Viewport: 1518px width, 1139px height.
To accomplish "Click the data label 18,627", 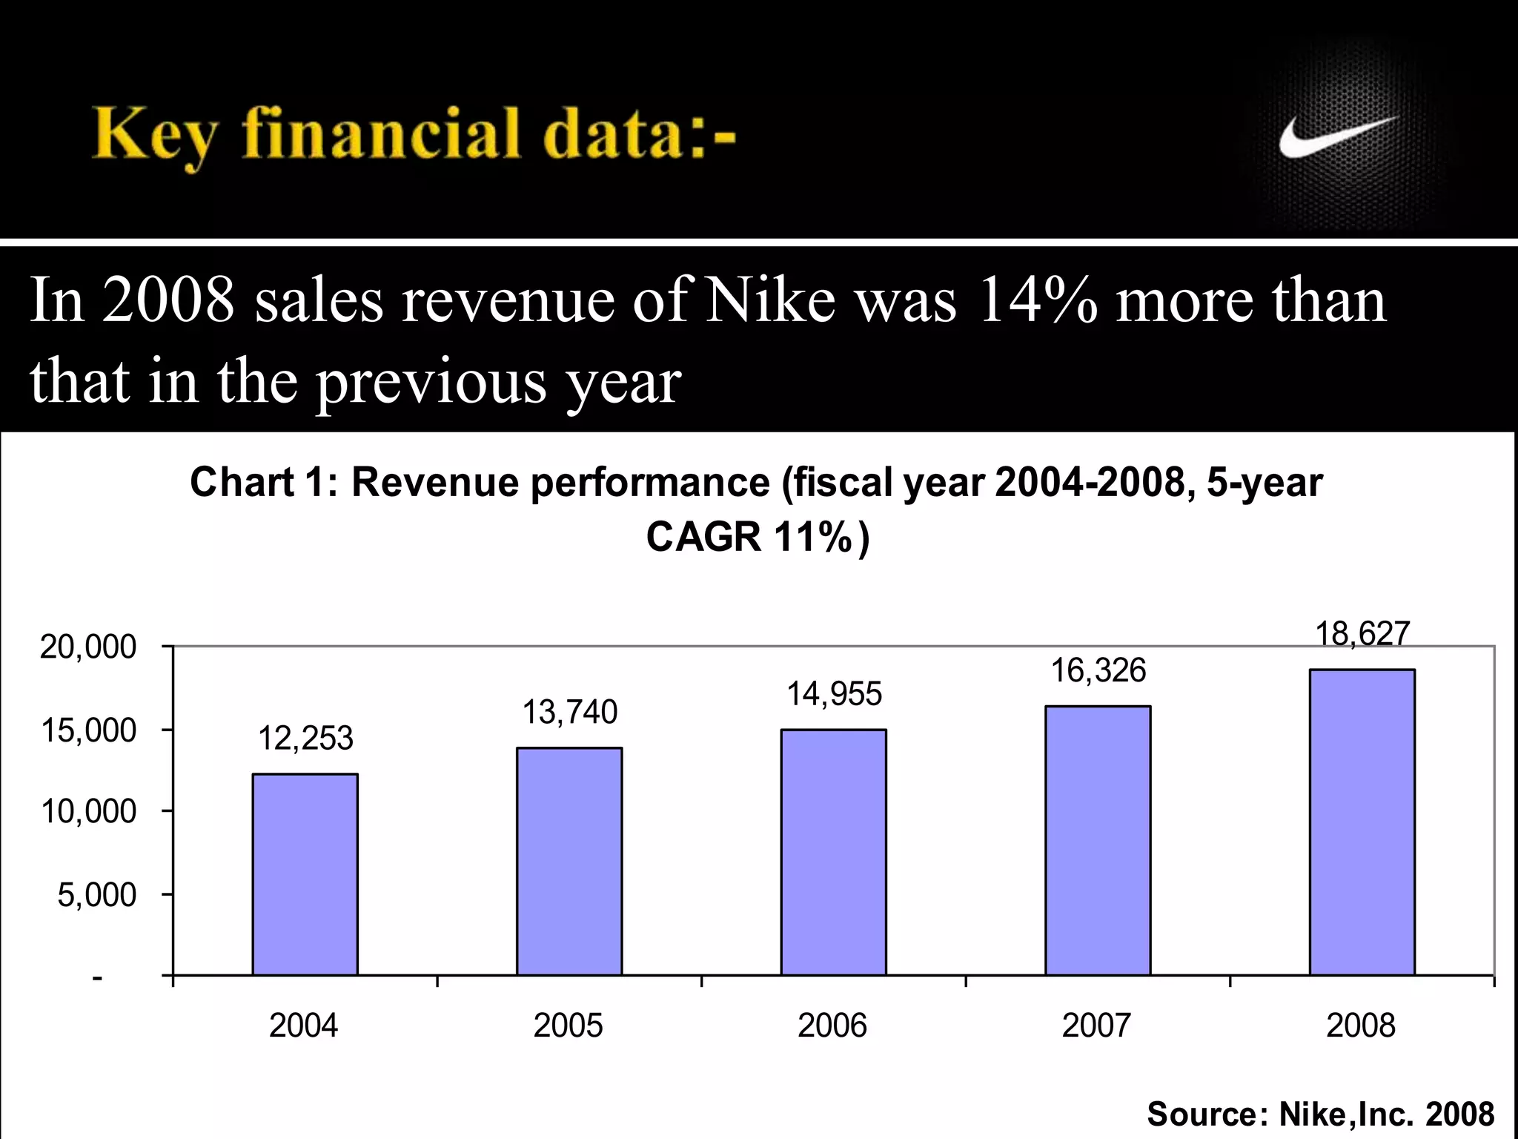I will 1362,634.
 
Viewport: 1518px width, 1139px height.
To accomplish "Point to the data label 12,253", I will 305,739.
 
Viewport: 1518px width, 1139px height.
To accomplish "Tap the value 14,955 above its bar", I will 834,695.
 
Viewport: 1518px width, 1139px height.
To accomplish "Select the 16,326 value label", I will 1098,670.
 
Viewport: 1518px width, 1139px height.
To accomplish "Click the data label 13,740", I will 569,713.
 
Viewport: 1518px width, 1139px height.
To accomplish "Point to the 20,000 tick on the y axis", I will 88,647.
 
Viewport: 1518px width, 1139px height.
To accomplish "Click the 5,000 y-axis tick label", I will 97,895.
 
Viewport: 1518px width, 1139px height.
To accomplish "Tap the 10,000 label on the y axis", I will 88,812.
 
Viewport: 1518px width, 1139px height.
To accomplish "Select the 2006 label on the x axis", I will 832,1026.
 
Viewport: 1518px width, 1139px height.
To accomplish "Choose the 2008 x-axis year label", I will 1361,1026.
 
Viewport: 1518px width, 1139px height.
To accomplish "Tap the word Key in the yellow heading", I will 154,136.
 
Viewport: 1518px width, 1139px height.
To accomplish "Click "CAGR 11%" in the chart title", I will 749,537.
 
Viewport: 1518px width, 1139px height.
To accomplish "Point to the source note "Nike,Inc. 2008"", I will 1386,1114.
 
